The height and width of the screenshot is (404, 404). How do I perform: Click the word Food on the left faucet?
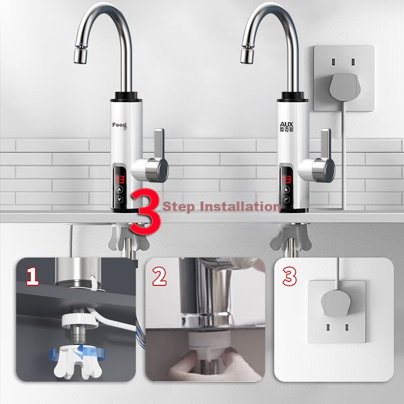pos(119,125)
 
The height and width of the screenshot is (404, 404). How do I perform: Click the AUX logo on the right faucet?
pos(286,127)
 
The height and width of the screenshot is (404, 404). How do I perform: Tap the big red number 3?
pos(145,212)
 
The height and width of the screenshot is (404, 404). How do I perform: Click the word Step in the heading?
pos(179,207)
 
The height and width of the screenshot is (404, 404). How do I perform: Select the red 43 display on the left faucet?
pos(119,179)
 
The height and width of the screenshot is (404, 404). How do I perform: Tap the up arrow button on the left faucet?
pos(120,190)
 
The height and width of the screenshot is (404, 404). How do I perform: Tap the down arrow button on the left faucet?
pos(120,199)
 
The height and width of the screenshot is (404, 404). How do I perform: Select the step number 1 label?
pos(33,276)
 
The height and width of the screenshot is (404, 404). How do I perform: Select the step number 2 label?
pos(159,276)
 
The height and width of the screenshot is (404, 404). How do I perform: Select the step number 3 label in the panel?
pos(289,276)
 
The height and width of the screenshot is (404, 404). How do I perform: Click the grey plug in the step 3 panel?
pos(335,302)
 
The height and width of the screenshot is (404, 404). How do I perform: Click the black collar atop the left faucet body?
pos(126,97)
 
